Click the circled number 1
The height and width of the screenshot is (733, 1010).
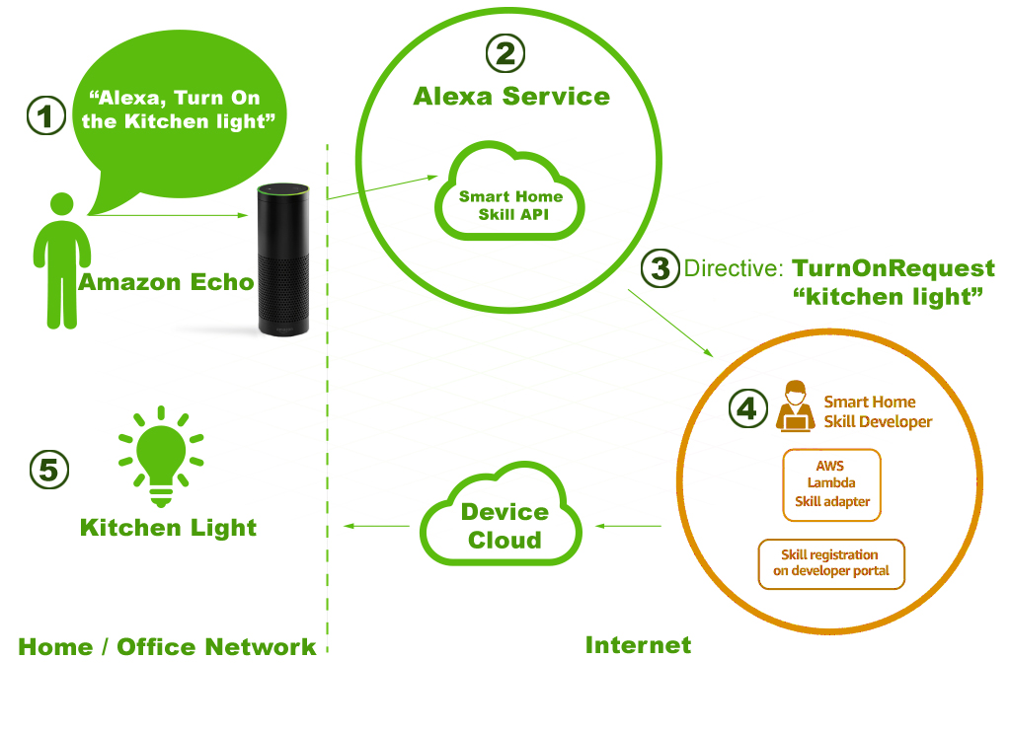tap(43, 116)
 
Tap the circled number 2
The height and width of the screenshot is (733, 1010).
tap(505, 53)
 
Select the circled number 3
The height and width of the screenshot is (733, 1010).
tap(660, 268)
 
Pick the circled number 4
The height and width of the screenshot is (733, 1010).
tap(747, 407)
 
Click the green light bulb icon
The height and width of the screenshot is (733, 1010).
tap(161, 456)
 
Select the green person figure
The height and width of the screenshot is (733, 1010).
tap(60, 261)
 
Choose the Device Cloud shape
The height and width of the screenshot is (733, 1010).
tap(503, 525)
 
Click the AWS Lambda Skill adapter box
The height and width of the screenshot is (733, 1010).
tap(831, 484)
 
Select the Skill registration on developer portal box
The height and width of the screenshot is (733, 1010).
tap(831, 563)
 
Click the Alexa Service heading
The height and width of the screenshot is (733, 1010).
tap(510, 97)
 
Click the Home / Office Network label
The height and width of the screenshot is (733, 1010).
tap(167, 647)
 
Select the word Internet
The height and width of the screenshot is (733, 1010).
tap(638, 645)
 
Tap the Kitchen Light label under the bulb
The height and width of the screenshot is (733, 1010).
tap(168, 528)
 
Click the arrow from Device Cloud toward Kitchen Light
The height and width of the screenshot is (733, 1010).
tap(376, 526)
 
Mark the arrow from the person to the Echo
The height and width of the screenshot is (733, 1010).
tap(168, 214)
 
